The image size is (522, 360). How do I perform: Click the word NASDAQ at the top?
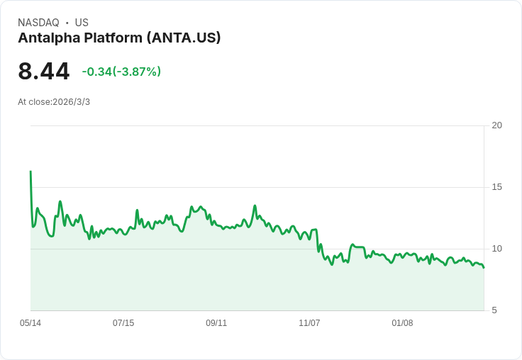[x=38, y=23]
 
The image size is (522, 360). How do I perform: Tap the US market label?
[x=82, y=23]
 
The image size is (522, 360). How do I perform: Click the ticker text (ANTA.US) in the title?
[x=184, y=38]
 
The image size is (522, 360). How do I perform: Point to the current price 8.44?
[x=44, y=72]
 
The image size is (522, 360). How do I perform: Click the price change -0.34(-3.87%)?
[x=121, y=72]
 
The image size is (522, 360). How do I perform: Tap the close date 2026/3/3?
[x=72, y=102]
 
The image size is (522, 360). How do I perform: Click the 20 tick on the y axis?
[x=496, y=125]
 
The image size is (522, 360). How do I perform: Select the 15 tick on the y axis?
[x=496, y=187]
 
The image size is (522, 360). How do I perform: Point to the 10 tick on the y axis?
[x=496, y=249]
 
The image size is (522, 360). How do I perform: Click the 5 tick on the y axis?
[x=494, y=310]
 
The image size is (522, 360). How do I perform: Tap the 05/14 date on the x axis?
[x=30, y=323]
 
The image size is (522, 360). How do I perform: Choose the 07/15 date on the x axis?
[x=123, y=323]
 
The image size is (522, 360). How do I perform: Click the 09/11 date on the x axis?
[x=216, y=323]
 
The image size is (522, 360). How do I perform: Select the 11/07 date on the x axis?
[x=309, y=323]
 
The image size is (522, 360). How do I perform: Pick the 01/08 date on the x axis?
[x=402, y=323]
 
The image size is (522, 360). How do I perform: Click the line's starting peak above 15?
[x=30, y=171]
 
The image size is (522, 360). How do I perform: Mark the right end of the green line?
[x=484, y=267]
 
